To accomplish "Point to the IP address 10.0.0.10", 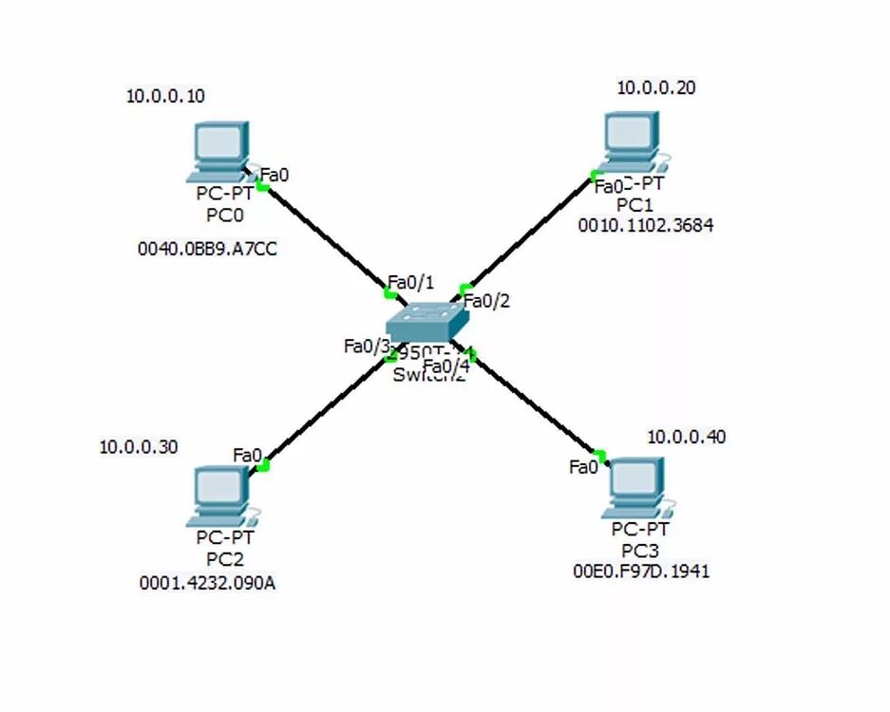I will [165, 96].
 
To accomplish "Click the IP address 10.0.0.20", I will [656, 88].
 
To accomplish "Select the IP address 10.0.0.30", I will [139, 447].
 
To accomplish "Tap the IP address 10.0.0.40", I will [687, 437].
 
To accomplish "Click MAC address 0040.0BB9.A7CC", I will [208, 250].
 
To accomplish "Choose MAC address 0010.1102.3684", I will [646, 226].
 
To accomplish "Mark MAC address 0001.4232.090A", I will [208, 583].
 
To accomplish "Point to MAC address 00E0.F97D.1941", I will [641, 571].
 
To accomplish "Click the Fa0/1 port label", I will [410, 282].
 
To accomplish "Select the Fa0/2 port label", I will [487, 302].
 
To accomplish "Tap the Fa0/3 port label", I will [367, 346].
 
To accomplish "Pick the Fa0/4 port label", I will [446, 365].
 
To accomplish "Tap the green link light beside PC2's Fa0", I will [264, 465].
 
